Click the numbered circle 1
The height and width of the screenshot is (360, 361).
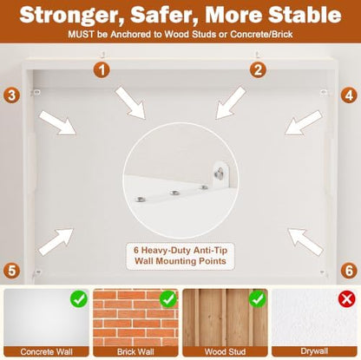(x=102, y=70)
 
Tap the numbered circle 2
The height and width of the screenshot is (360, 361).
(x=258, y=69)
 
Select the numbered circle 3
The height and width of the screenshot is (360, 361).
(x=12, y=95)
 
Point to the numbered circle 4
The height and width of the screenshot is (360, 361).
(x=349, y=95)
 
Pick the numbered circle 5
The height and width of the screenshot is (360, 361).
(x=12, y=271)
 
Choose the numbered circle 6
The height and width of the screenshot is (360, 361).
(x=349, y=271)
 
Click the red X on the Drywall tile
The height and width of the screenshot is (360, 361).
(x=346, y=298)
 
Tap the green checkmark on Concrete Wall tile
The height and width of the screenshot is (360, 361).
(x=79, y=298)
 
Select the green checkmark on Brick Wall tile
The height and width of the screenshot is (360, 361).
(x=168, y=298)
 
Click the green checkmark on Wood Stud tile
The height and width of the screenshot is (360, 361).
(x=257, y=298)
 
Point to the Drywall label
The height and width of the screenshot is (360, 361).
(x=314, y=351)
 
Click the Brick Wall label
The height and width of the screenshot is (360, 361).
(x=135, y=351)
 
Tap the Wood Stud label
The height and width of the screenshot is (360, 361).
(x=225, y=351)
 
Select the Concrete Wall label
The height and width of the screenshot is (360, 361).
(x=46, y=351)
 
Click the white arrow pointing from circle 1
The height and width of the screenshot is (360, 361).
(x=130, y=103)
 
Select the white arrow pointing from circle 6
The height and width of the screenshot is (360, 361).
(x=305, y=241)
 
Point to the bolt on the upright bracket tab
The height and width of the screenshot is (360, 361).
(x=220, y=173)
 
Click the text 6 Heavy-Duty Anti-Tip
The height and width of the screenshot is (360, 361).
(x=180, y=250)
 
